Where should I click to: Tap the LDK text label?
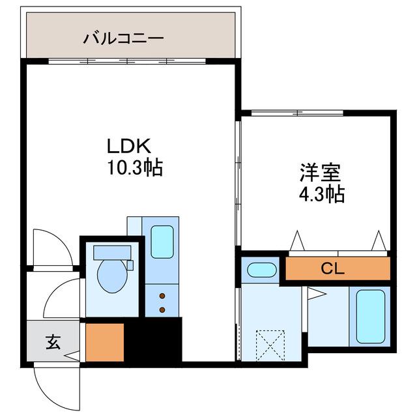tap(129, 146)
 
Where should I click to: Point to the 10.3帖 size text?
tap(135, 167)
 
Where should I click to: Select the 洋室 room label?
tap(321, 173)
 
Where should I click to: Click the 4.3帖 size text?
tap(322, 194)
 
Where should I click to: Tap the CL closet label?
tap(333, 268)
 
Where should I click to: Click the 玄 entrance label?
tap(53, 341)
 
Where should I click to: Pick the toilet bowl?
tap(112, 276)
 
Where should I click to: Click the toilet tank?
tap(112, 252)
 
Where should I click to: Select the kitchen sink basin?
tap(162, 242)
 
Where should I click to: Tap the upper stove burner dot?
tap(162, 296)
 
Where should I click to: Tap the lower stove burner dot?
tap(162, 309)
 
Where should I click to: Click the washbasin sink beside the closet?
tap(262, 270)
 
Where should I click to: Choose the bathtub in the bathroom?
tap(371, 317)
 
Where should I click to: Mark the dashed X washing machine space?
tap(270, 346)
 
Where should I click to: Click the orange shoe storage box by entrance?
tap(105, 342)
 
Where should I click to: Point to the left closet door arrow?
tap(297, 240)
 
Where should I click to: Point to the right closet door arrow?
tap(379, 240)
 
